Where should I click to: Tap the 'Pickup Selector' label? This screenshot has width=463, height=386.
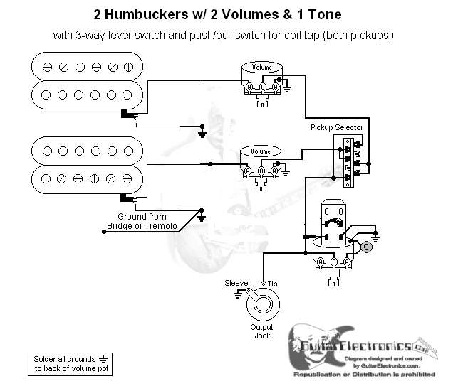pyautogui.click(x=337, y=127)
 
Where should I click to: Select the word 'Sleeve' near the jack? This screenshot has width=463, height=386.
pyautogui.click(x=236, y=282)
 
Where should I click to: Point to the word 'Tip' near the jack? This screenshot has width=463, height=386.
pyautogui.click(x=272, y=284)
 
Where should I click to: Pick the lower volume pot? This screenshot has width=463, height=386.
pyautogui.click(x=260, y=160)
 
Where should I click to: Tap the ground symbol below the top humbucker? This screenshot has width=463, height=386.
pyautogui.click(x=203, y=132)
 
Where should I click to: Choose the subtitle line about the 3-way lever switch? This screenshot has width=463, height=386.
pyautogui.click(x=231, y=35)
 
